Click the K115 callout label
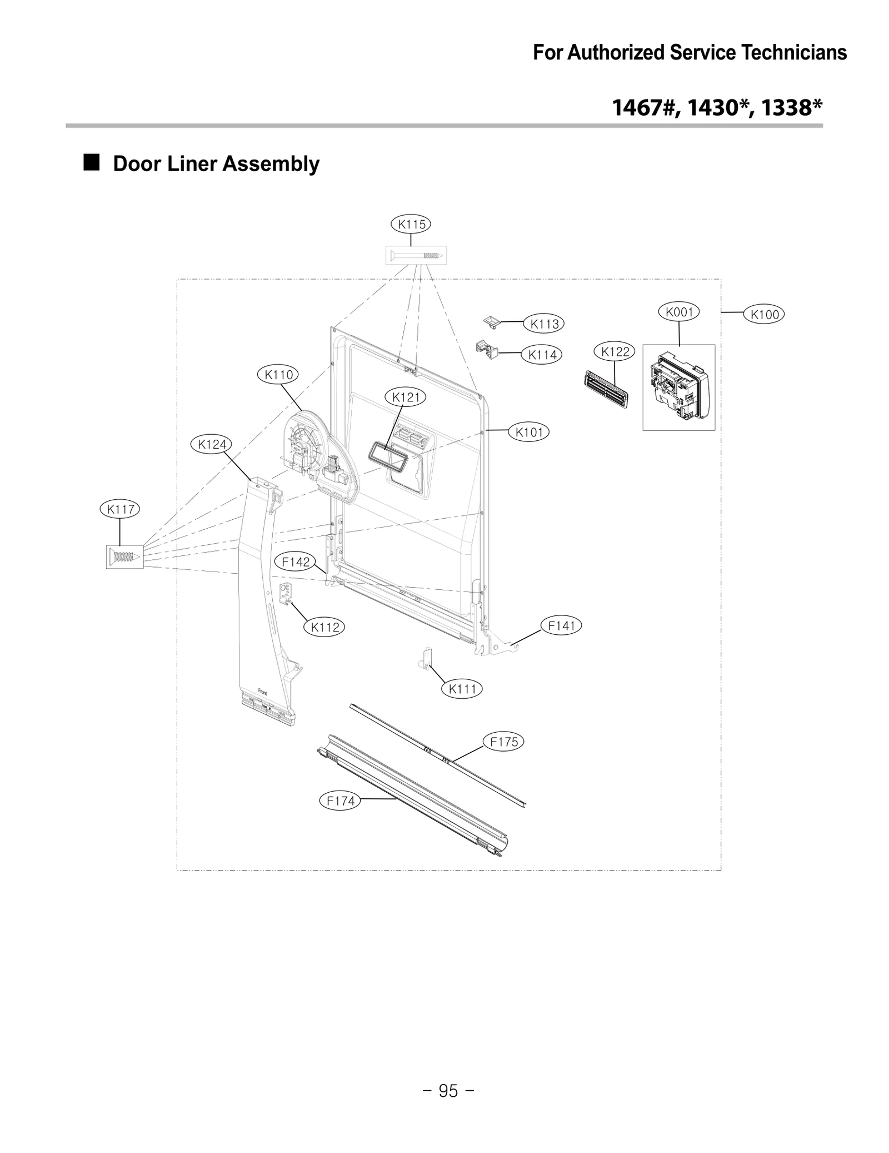coord(411,224)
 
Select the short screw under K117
coord(124,556)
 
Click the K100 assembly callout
coord(765,314)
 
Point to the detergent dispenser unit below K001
coord(678,387)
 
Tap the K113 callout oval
coord(544,324)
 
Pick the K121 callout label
coord(406,397)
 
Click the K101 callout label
coord(528,432)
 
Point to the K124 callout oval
coord(212,444)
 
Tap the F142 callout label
coord(296,562)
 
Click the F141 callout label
coord(561,625)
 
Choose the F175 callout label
coord(504,742)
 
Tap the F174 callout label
coord(340,801)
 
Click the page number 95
coord(448,1091)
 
